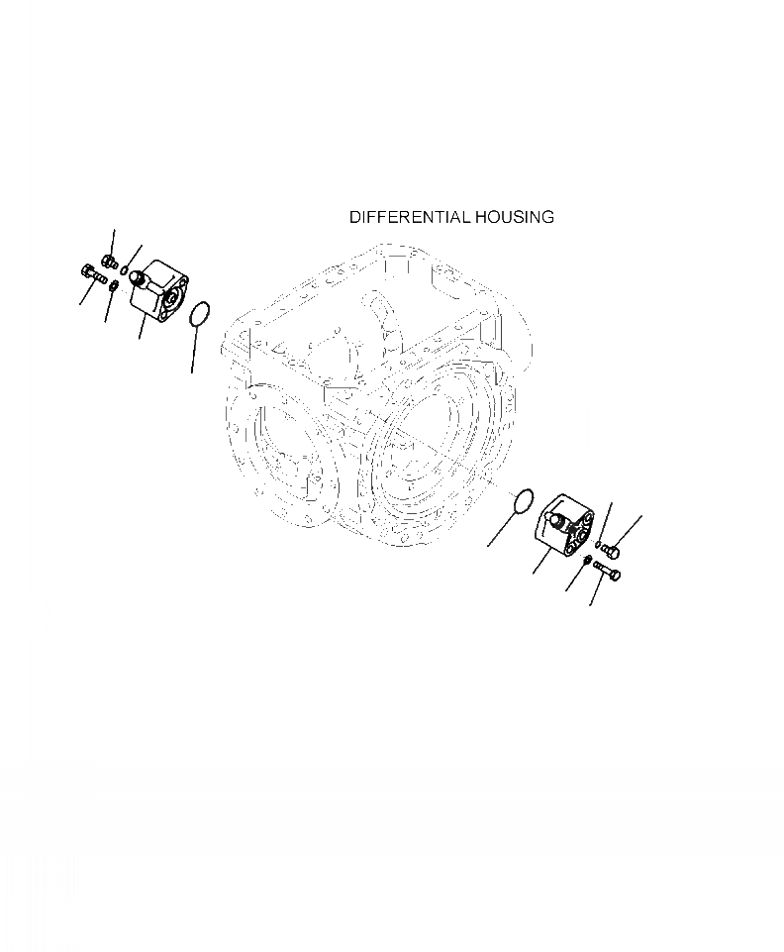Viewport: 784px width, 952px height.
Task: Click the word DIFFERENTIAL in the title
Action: point(410,217)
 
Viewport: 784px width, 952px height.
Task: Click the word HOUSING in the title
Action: point(515,217)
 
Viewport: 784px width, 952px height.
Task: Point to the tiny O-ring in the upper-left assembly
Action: point(124,269)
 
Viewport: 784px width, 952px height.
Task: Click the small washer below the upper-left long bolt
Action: point(112,285)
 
